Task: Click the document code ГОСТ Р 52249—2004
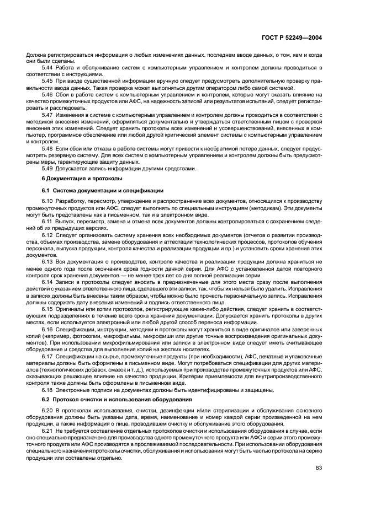[292, 39]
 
